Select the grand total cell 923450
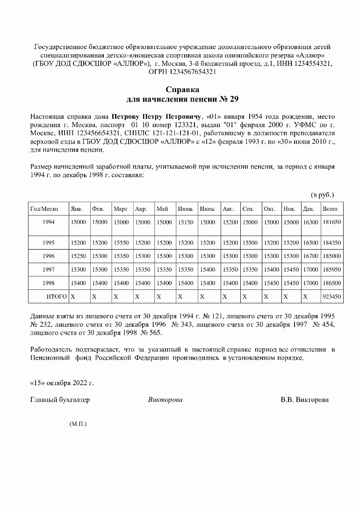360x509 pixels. tap(331, 296)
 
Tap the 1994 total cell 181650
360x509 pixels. tap(331, 222)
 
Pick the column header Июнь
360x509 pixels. tap(185, 209)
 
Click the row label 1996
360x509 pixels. tap(48, 256)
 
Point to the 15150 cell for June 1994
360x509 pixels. tap(186, 222)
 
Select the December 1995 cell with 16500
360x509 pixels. tap(310, 243)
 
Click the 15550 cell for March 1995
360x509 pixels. tap(121, 243)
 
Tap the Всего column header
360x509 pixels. tap(330, 209)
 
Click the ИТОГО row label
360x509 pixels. tap(56, 296)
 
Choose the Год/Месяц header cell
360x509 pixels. tap(44, 209)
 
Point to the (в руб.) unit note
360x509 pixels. tap(323, 194)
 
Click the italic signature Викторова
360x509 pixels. tap(165, 400)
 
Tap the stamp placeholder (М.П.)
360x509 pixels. tap(78, 424)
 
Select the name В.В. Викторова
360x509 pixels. tap(304, 400)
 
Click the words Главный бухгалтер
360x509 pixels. tap(60, 400)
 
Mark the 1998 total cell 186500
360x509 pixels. tap(331, 283)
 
